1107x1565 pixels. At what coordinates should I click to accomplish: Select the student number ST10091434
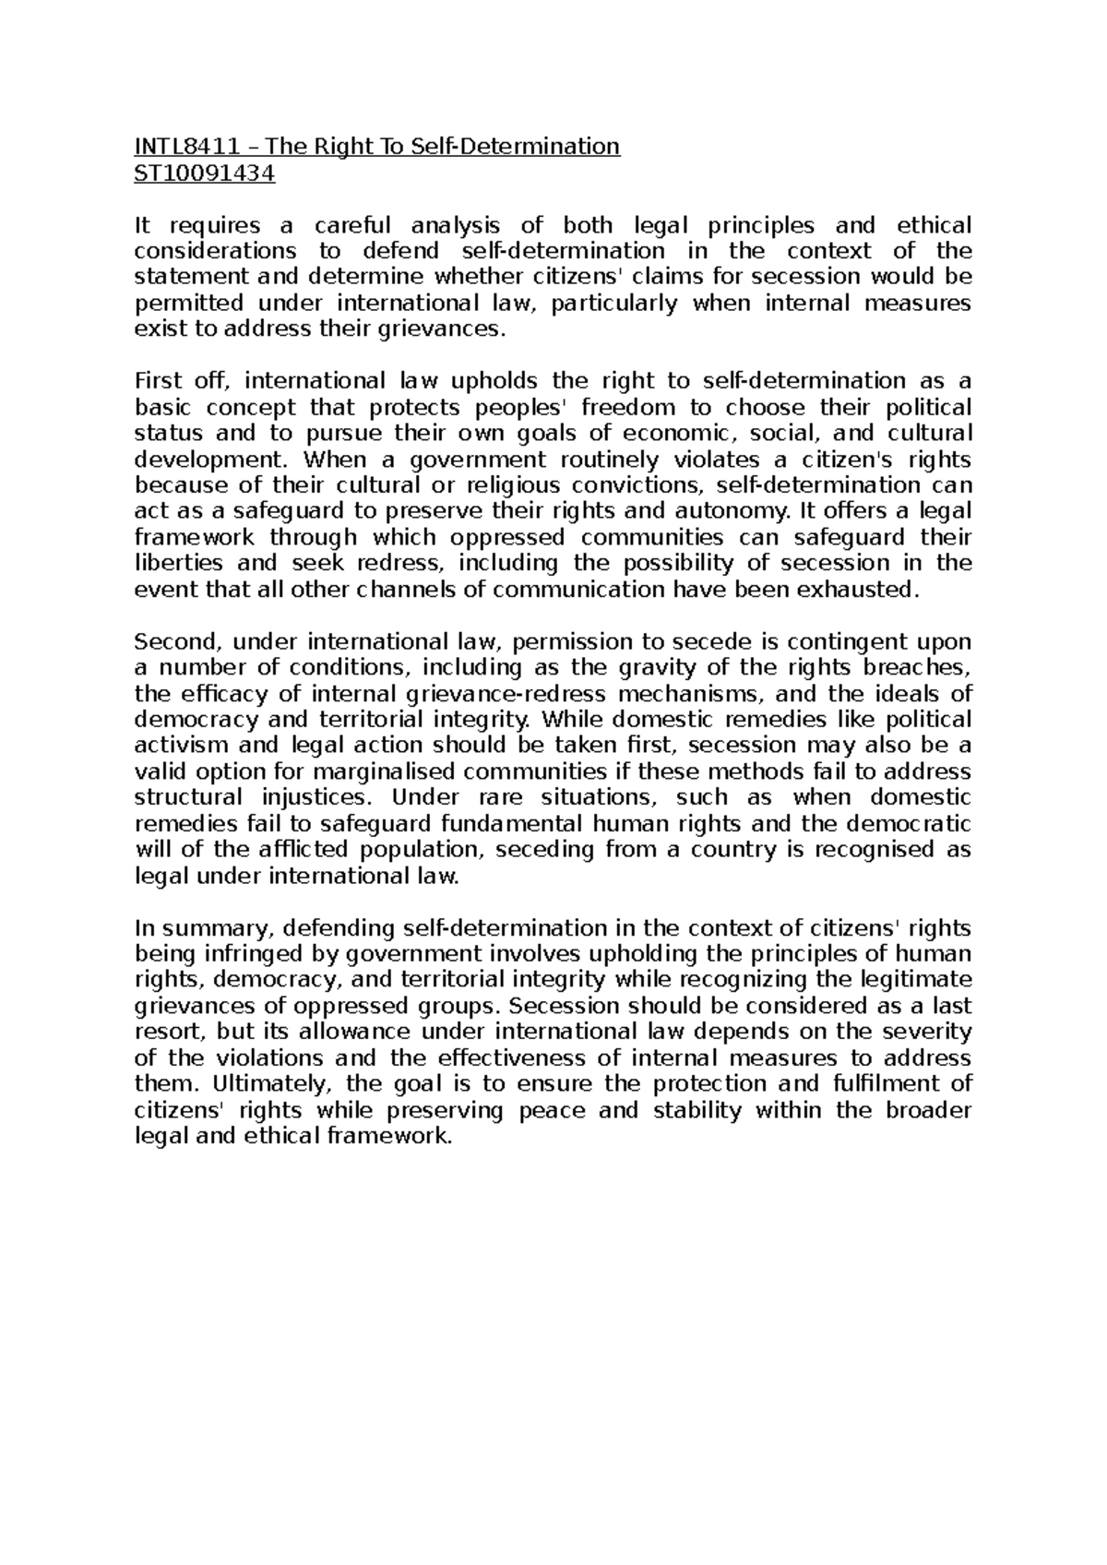coord(204,173)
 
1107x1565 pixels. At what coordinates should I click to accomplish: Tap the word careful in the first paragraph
coord(352,225)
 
